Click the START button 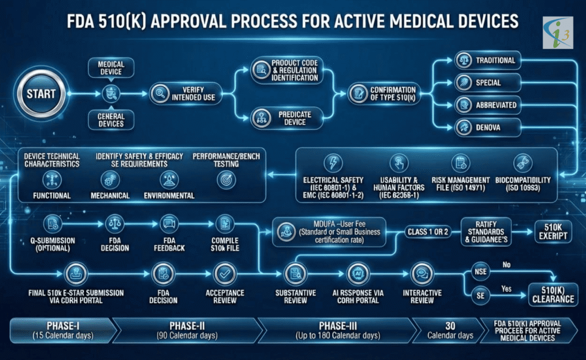click(x=41, y=94)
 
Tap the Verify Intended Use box click(x=185, y=94)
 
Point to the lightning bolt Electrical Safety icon click(x=331, y=163)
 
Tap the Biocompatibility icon click(x=523, y=162)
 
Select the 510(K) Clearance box click(x=551, y=293)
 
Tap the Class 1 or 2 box click(x=428, y=231)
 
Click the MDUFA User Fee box click(x=329, y=232)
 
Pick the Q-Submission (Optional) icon click(x=51, y=224)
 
